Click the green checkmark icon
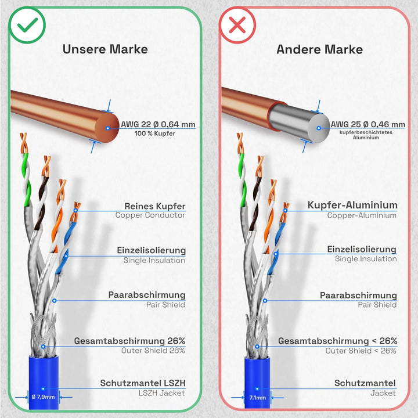(27, 26)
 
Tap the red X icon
(237, 26)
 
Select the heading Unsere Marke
(105, 49)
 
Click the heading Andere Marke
(319, 49)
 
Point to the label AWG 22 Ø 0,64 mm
(158, 124)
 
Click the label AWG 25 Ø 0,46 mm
(368, 124)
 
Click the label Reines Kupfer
(155, 206)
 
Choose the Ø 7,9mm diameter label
(43, 397)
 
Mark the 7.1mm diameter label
(257, 398)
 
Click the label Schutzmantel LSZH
(143, 383)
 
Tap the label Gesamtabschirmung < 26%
(337, 341)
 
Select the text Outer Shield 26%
(153, 351)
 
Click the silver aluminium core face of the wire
(318, 127)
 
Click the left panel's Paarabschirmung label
(147, 295)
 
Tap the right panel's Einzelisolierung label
(362, 249)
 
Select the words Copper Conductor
(150, 215)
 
